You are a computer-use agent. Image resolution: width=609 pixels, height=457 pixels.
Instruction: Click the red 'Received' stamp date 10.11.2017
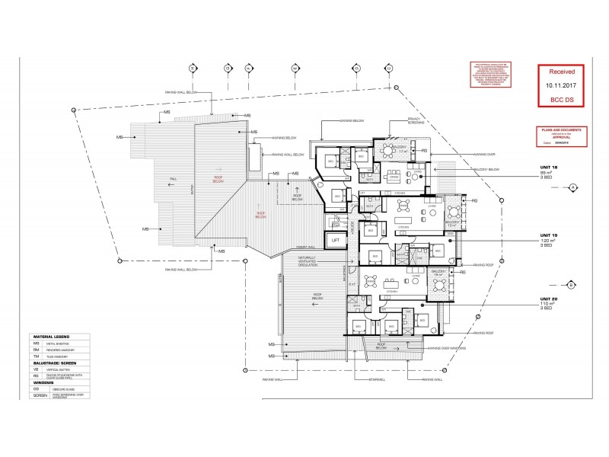click(563, 86)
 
